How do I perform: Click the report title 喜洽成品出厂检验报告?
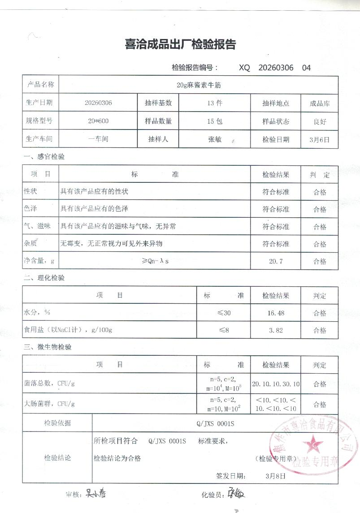click(180, 45)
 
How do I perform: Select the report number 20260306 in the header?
click(276, 68)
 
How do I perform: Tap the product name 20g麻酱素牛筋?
click(199, 84)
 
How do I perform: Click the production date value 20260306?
click(98, 103)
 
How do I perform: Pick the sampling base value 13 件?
click(215, 103)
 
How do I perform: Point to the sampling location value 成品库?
click(320, 103)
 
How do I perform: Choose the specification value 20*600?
click(98, 121)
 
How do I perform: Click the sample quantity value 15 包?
click(215, 121)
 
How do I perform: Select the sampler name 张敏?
click(215, 139)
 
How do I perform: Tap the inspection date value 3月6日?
click(320, 139)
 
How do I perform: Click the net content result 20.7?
click(275, 261)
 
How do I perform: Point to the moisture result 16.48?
click(275, 313)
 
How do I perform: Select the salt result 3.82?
click(275, 330)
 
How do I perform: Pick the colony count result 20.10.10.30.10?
click(276, 384)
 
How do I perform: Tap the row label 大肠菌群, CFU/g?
click(49, 404)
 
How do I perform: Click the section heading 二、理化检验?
click(44, 278)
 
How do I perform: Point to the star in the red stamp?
click(312, 445)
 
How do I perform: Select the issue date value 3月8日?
click(275, 476)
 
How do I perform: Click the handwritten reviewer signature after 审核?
click(95, 494)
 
